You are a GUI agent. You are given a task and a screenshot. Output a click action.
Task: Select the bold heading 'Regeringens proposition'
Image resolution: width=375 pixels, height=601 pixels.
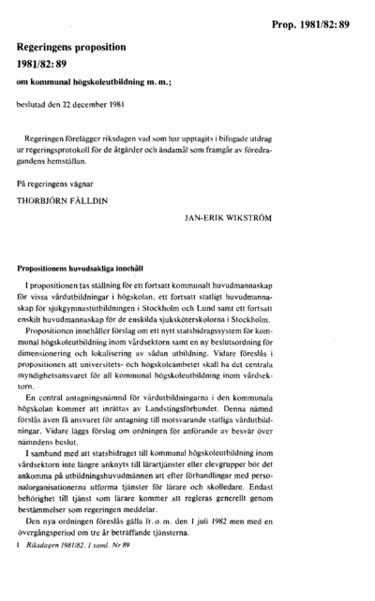pos(77,44)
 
